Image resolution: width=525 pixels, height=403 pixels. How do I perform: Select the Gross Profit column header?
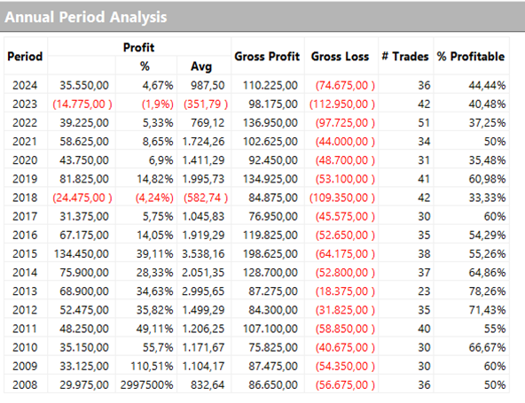coord(267,56)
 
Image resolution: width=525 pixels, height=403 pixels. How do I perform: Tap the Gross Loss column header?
coord(341,56)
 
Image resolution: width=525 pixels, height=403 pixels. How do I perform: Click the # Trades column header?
coord(404,56)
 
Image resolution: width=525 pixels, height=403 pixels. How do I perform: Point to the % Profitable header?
coord(470,56)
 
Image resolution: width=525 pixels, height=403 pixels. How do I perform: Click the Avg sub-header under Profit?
coord(201,66)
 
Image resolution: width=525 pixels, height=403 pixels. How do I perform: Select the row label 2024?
coord(27,85)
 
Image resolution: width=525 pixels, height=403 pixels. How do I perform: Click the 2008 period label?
coord(27,384)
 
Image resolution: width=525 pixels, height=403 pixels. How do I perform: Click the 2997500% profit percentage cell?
coord(148,384)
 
